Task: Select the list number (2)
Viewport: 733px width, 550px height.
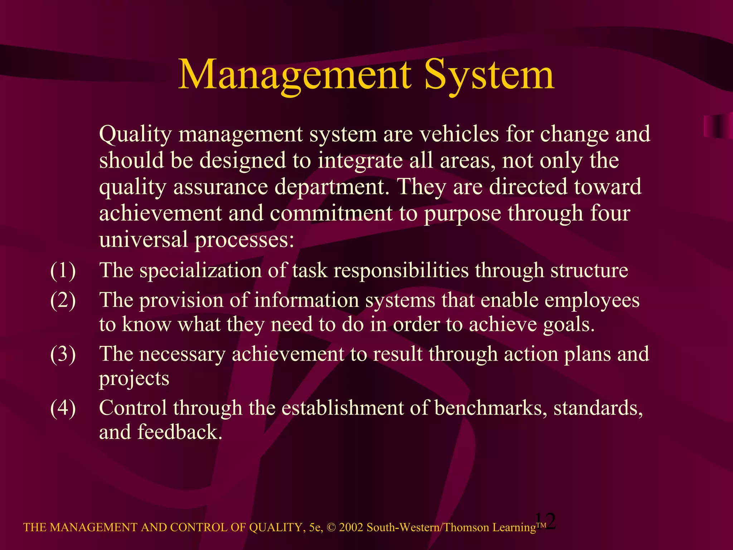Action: [x=63, y=300]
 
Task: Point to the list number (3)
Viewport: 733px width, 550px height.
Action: [x=63, y=354]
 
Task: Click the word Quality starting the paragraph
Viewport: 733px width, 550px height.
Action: [x=135, y=135]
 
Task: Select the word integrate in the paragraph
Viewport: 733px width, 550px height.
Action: [x=360, y=161]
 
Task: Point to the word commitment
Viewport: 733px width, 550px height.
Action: [x=331, y=213]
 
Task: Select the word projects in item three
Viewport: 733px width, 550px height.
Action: [x=134, y=379]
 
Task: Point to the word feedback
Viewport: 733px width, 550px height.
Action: [x=178, y=432]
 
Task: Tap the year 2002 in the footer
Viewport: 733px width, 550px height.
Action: [x=351, y=527]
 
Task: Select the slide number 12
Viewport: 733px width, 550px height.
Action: [x=545, y=521]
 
